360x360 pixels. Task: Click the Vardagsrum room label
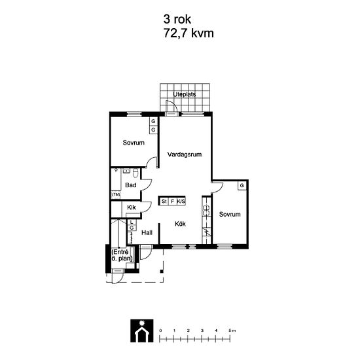click(x=185, y=154)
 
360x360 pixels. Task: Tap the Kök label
click(x=180, y=224)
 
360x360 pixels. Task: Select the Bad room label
click(x=131, y=185)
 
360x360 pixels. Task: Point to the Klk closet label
click(x=132, y=207)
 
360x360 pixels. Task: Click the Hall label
click(x=147, y=233)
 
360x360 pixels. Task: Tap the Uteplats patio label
click(x=185, y=94)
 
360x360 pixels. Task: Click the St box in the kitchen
click(x=164, y=202)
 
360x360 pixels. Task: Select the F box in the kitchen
click(x=172, y=202)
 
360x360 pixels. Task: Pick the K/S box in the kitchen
click(x=181, y=202)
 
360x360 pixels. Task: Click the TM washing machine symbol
click(x=116, y=194)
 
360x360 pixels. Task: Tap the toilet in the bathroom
click(x=135, y=173)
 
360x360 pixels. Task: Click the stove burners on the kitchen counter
click(x=206, y=210)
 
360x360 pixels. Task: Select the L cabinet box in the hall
click(x=132, y=222)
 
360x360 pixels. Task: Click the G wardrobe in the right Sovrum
click(x=242, y=185)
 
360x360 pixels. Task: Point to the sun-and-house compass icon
click(x=142, y=331)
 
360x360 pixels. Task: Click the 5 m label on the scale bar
click(x=232, y=331)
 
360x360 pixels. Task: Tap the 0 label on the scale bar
click(x=160, y=331)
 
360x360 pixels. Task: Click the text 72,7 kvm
click(x=189, y=33)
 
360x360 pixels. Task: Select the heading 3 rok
click(x=177, y=19)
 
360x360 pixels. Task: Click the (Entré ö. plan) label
click(x=122, y=255)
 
